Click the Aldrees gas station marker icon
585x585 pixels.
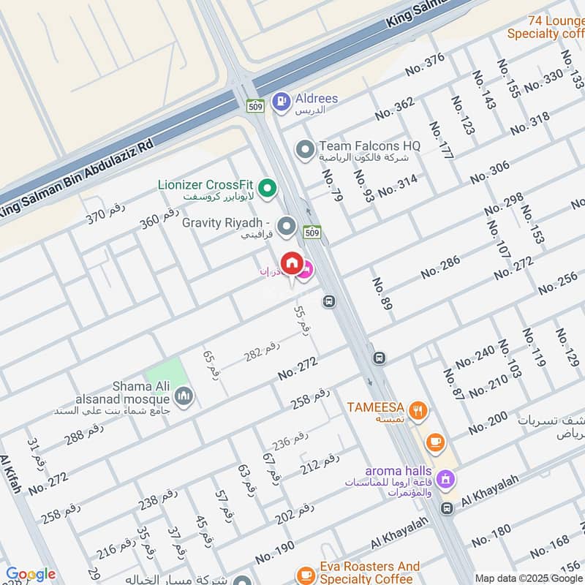(279, 102)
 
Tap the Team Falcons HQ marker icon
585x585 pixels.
(304, 151)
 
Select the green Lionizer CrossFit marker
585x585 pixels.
(268, 189)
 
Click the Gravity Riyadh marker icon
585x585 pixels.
(286, 227)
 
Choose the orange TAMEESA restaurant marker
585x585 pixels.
(418, 412)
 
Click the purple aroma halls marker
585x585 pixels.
(443, 480)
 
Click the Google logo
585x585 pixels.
(31, 575)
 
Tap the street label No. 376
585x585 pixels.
(425, 65)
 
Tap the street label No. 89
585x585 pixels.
(381, 293)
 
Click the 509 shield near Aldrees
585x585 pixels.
(255, 106)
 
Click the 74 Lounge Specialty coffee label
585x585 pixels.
(546, 27)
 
